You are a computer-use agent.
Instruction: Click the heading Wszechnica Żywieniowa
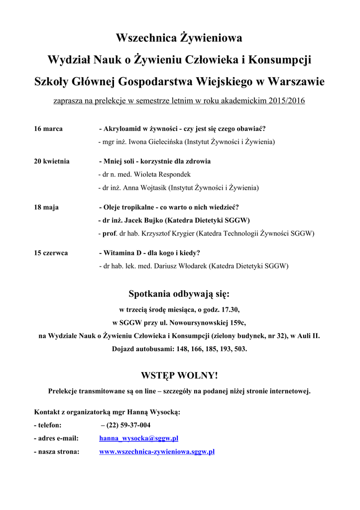179,38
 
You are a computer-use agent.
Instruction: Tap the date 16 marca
48,128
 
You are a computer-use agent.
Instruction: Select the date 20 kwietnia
52,161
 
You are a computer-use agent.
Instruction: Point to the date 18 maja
46,207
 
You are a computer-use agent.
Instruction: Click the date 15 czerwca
51,253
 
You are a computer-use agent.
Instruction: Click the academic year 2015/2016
286,101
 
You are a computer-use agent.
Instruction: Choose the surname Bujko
152,220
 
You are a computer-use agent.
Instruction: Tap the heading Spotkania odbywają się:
179,293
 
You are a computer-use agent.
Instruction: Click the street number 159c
236,323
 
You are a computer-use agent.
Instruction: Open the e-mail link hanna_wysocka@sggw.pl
138,439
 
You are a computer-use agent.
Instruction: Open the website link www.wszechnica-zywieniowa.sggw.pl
157,452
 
